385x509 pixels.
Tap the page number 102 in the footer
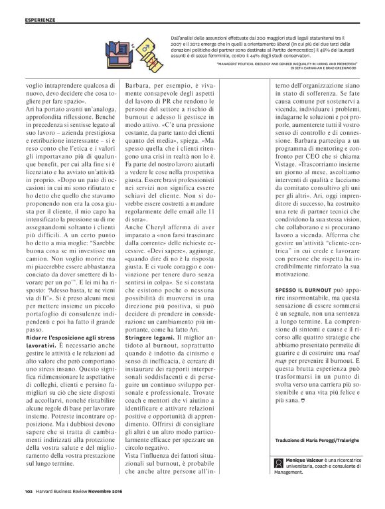(22, 492)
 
